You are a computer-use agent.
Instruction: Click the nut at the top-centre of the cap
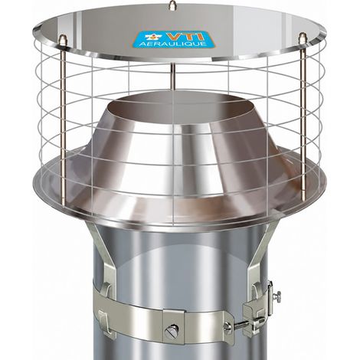(173, 5)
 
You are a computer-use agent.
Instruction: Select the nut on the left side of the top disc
(61, 39)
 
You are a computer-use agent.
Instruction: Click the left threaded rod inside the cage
(63, 123)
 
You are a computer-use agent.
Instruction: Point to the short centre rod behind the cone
(173, 76)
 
